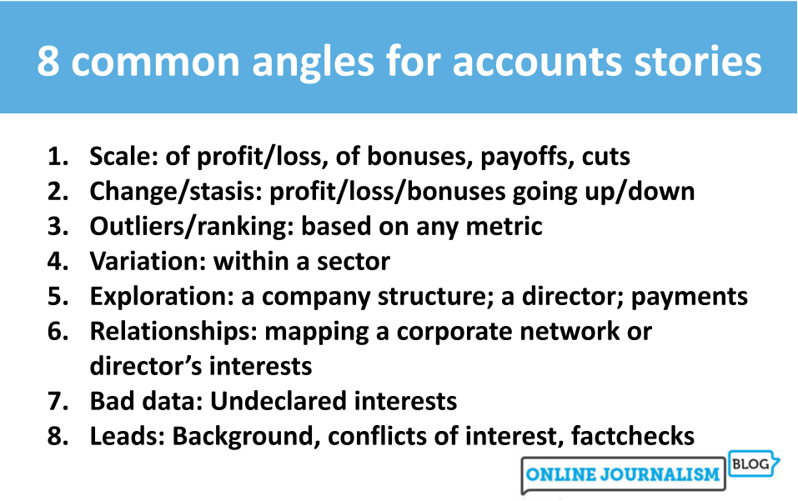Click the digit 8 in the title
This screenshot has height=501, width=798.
click(48, 61)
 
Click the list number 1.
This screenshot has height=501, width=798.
click(58, 156)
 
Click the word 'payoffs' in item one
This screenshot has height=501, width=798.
click(524, 157)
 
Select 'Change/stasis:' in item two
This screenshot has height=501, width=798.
click(176, 192)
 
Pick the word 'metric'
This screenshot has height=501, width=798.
click(504, 227)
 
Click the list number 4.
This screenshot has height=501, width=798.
click(58, 262)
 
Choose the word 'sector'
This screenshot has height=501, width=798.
click(354, 262)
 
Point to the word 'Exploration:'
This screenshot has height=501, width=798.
click(161, 297)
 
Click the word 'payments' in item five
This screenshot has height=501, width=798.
click(689, 298)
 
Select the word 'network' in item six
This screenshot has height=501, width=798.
click(570, 332)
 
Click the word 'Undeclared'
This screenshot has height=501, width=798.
click(279, 401)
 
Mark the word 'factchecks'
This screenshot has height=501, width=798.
click(633, 436)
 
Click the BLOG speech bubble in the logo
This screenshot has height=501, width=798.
click(752, 463)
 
